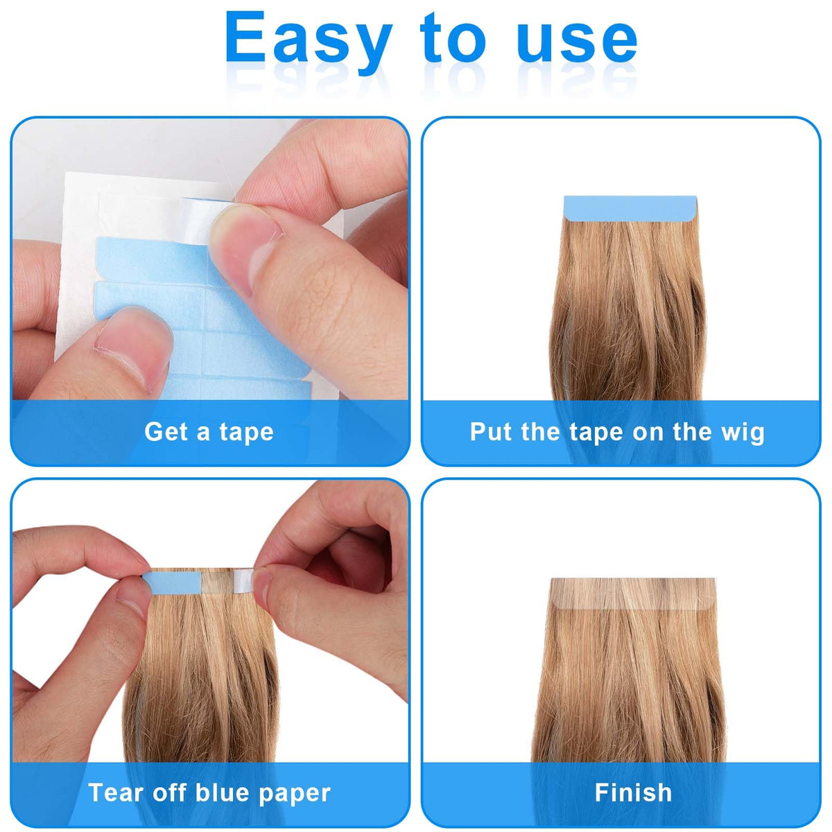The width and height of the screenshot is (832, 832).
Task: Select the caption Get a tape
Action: (209, 432)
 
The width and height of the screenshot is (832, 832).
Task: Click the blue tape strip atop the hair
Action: (630, 209)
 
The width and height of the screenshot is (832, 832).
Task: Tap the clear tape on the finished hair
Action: (634, 594)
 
